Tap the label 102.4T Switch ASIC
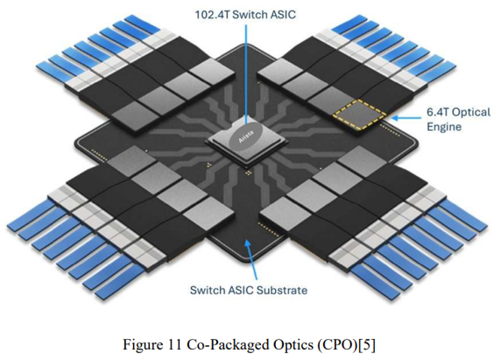[x=245, y=15]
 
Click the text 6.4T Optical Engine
[x=458, y=119]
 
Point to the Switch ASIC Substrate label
[x=249, y=290]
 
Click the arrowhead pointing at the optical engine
[x=396, y=118]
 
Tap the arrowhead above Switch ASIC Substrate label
[x=247, y=244]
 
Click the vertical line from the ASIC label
[x=246, y=74]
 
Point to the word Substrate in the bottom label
[x=282, y=290]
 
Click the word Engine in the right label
[x=444, y=127]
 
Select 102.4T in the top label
[x=212, y=15]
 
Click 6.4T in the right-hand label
[x=438, y=112]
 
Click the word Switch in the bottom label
[x=208, y=290]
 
